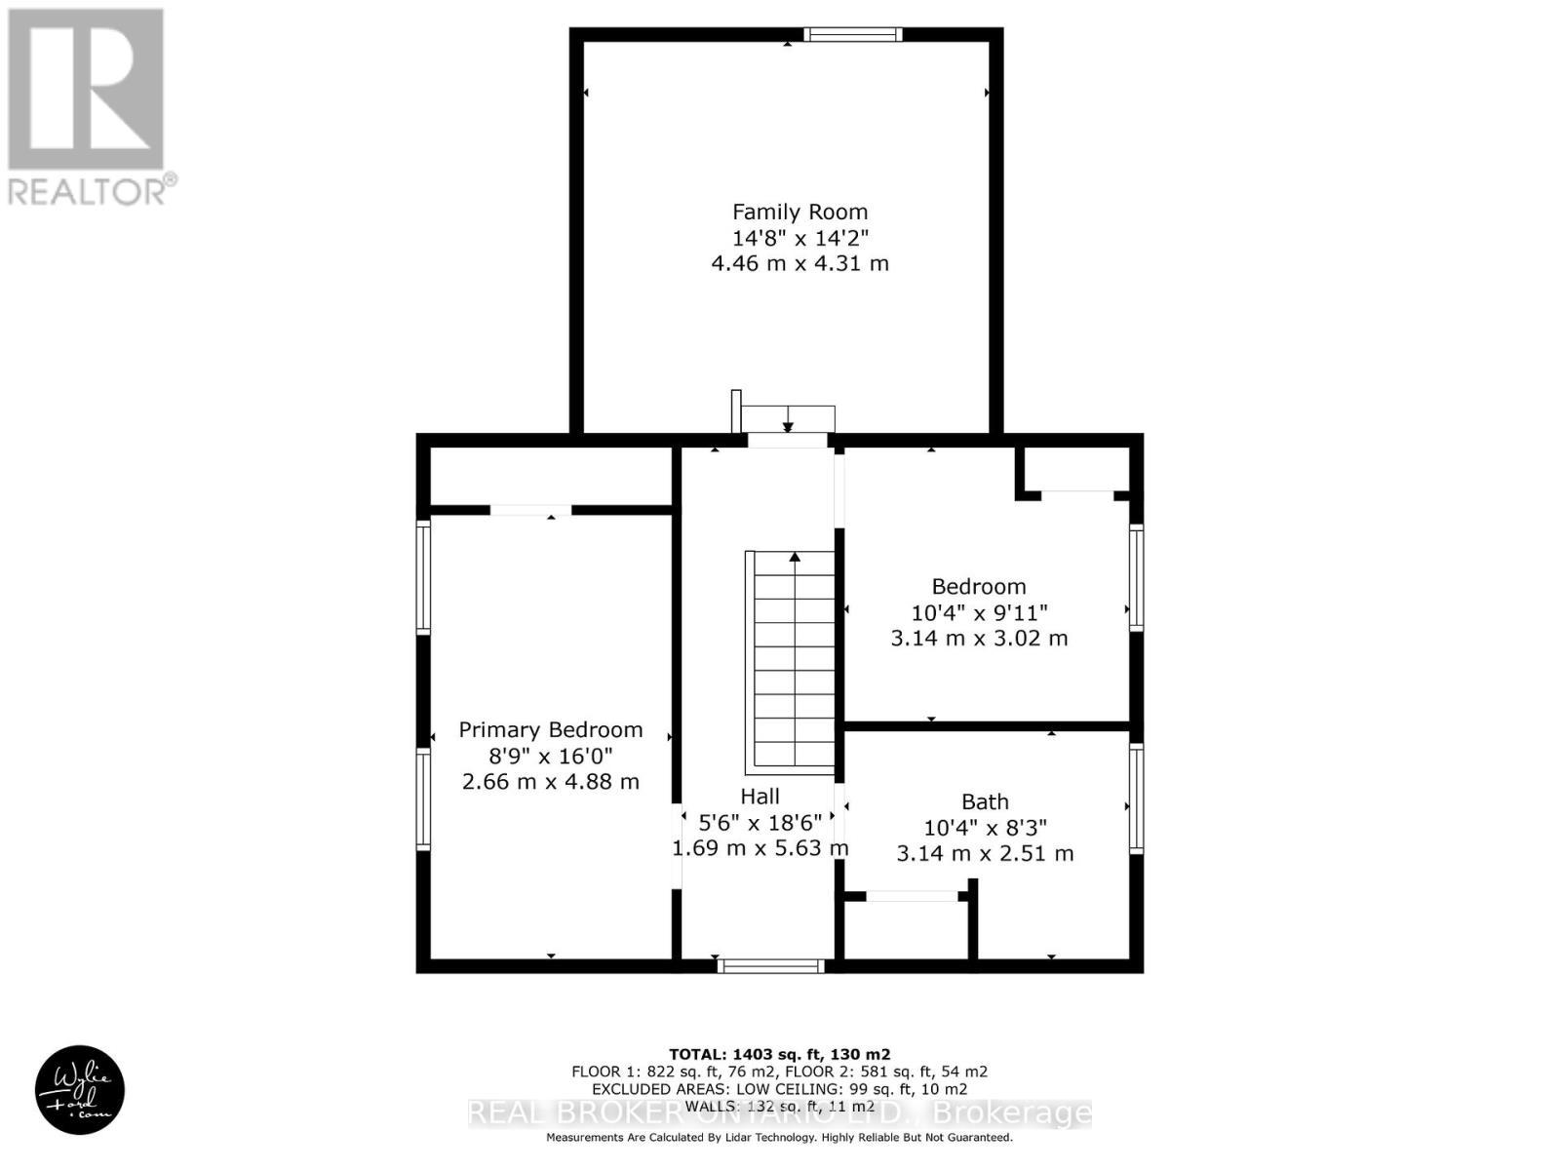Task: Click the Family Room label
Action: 799,212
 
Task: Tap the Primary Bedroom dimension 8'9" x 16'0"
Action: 551,756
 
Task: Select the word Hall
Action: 760,796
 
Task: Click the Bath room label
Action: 985,801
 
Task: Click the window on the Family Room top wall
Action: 853,35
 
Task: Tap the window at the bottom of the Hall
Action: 771,966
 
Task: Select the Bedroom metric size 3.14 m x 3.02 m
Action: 979,639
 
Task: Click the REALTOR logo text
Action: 93,190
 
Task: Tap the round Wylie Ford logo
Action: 80,1090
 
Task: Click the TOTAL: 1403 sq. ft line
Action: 779,1054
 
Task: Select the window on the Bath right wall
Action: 1137,799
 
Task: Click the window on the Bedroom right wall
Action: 1137,578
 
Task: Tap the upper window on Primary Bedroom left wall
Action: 423,578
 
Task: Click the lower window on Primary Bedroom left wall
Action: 423,799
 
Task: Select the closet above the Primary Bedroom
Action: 551,477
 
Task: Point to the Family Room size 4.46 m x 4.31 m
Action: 799,263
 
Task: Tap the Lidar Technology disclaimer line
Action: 779,1138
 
